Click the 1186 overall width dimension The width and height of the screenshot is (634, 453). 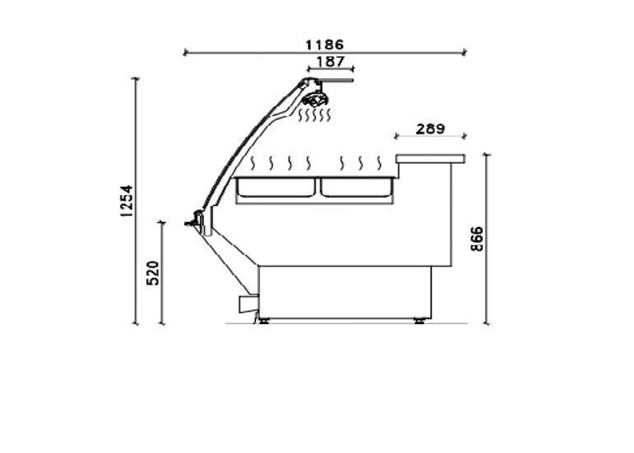[324, 45]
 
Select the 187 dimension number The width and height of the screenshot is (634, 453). [331, 62]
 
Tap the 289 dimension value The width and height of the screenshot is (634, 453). [430, 129]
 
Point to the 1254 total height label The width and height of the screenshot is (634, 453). [127, 201]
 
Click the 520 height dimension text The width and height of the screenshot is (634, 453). [153, 273]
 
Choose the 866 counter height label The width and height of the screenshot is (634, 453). [477, 238]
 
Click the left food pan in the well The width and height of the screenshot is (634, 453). [276, 187]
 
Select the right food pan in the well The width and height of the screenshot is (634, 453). [357, 187]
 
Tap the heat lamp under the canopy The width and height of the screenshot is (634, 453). [315, 98]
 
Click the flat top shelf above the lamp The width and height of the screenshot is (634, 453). [333, 80]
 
